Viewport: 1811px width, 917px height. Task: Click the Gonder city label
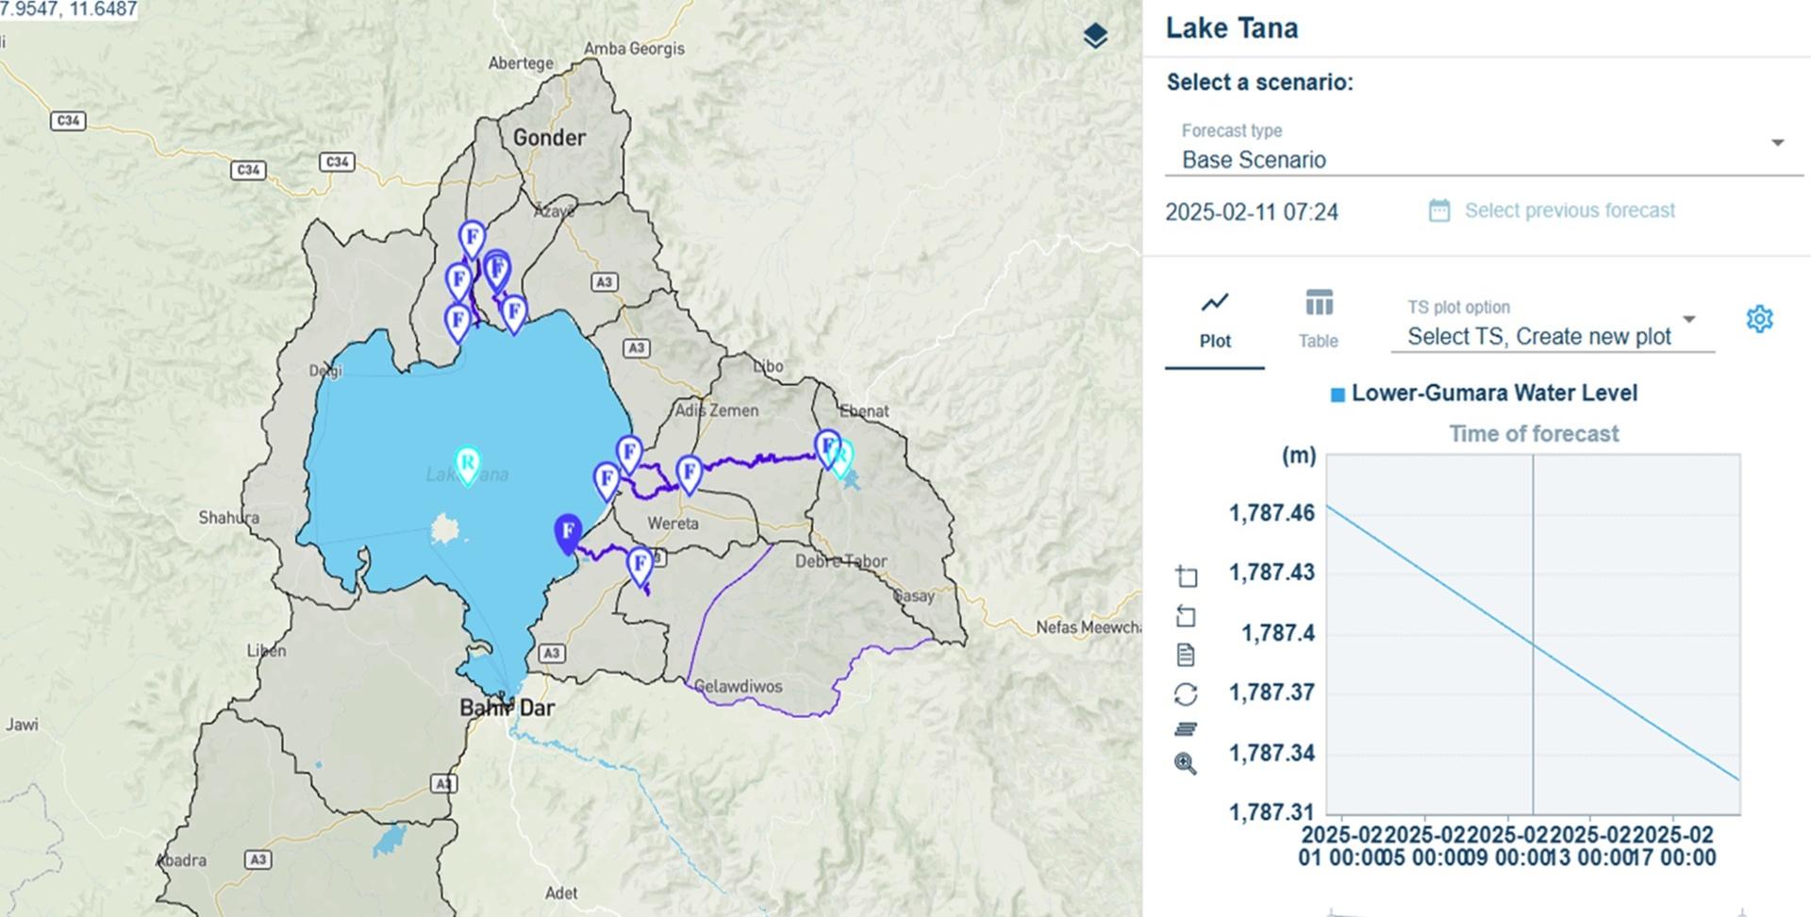549,138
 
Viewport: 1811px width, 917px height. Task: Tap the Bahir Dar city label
507,708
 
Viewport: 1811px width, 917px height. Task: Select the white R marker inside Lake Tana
467,463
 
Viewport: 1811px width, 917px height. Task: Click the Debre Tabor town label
840,561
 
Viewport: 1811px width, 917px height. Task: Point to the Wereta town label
673,524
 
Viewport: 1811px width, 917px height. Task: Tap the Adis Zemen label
716,410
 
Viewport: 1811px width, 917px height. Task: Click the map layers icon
1095,36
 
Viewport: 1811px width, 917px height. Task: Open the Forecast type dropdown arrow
1777,143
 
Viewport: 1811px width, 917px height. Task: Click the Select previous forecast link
1569,210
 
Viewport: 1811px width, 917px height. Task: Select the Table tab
1318,320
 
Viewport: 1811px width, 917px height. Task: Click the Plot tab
1215,320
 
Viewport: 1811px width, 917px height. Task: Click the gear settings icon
1759,319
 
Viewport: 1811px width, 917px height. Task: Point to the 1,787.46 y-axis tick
1271,513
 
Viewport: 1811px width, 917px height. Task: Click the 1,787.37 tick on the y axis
1271,692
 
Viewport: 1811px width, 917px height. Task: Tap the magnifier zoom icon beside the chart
1186,763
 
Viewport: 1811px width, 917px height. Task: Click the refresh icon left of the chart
1186,694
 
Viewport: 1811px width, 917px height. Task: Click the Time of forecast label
1534,434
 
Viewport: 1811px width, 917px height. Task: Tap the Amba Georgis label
634,49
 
